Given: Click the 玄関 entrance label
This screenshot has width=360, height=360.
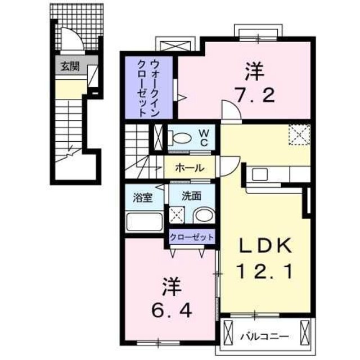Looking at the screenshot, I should (x=70, y=66).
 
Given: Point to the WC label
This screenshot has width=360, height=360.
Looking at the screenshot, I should (x=204, y=137).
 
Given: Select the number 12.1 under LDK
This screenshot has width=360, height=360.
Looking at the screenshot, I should (x=265, y=273).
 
